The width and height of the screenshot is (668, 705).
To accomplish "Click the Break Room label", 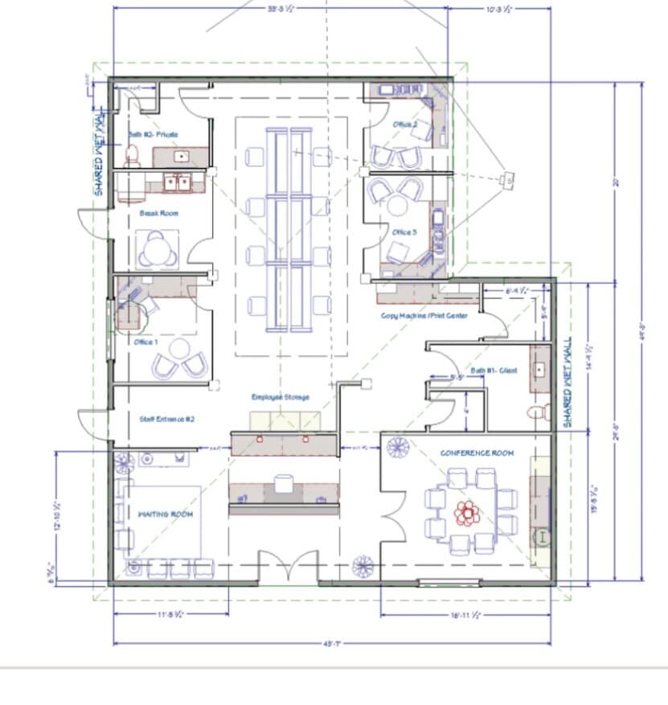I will pyautogui.click(x=159, y=213).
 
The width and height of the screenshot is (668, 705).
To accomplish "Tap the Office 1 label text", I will pyautogui.click(x=146, y=342).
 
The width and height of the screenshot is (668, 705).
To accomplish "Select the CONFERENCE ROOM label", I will pyautogui.click(x=476, y=453).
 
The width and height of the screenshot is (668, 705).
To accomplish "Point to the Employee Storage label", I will pyautogui.click(x=280, y=397).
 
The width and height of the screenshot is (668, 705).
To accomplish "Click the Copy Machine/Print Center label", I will pyautogui.click(x=424, y=316).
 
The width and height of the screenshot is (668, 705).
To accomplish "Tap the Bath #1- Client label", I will pyautogui.click(x=494, y=371).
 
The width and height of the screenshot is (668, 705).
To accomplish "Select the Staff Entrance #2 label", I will pyautogui.click(x=166, y=419).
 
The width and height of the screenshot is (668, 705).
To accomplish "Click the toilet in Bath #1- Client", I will pyautogui.click(x=536, y=413).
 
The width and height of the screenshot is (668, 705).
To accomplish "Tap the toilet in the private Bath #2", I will pyautogui.click(x=133, y=154).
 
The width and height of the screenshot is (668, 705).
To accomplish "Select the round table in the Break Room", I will pyautogui.click(x=158, y=250).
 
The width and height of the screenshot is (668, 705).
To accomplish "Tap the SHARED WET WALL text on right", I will pyautogui.click(x=567, y=384).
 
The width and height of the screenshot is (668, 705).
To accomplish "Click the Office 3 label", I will pyautogui.click(x=404, y=232).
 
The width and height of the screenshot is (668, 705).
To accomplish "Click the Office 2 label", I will pyautogui.click(x=404, y=125).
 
